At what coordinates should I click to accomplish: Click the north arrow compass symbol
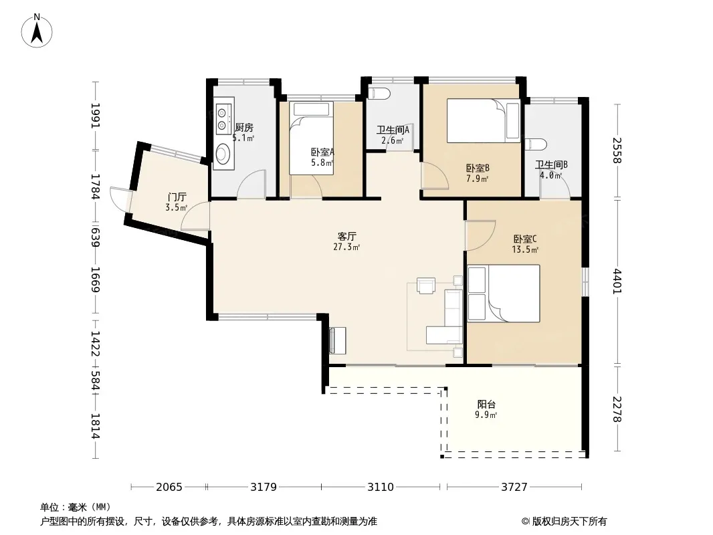click(x=37, y=31)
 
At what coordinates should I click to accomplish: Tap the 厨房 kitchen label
click(x=244, y=128)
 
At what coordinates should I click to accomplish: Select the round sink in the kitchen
click(x=223, y=153)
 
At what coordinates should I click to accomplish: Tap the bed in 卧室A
click(x=312, y=138)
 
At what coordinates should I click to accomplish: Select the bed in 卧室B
click(x=483, y=120)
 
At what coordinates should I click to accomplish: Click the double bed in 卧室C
click(x=504, y=294)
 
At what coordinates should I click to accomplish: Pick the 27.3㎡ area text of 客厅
click(x=346, y=247)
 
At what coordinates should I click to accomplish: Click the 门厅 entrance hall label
click(x=177, y=197)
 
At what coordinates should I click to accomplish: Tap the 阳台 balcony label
click(x=486, y=404)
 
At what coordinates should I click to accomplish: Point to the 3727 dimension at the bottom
click(x=514, y=488)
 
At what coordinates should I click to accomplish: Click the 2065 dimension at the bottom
click(x=169, y=488)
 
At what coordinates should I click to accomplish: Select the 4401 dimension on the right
click(x=617, y=282)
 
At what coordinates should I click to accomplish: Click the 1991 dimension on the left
click(x=96, y=116)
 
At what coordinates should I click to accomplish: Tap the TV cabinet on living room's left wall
click(x=337, y=340)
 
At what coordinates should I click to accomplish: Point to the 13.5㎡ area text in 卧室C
click(x=525, y=249)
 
